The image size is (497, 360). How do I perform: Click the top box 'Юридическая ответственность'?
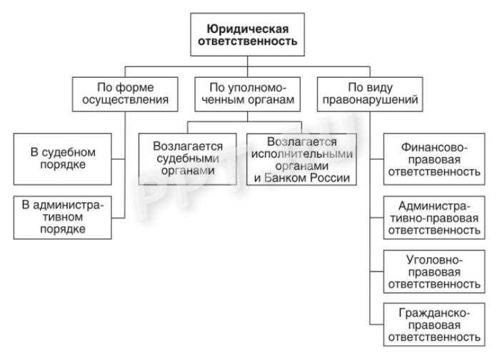(x=247, y=35)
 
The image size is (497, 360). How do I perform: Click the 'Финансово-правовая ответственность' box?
(x=432, y=159)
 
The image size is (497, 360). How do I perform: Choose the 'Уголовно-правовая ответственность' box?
(x=432, y=271)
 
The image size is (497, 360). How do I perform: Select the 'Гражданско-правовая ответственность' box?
(x=432, y=324)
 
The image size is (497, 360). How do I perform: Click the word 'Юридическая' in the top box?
(x=247, y=29)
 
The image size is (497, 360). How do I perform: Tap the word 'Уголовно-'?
(x=433, y=258)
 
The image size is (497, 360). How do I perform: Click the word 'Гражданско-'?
(x=433, y=312)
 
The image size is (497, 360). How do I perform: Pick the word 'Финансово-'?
(x=433, y=147)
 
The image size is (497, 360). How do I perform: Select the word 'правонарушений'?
(x=367, y=100)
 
